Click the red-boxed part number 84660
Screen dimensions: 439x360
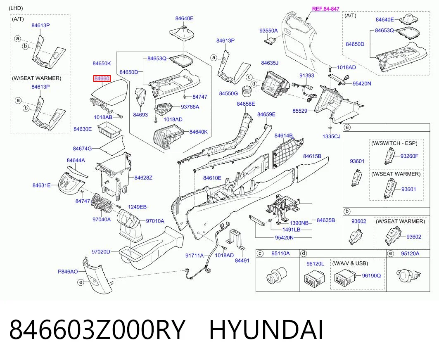point(102,79)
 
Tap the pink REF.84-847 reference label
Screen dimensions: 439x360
point(325,9)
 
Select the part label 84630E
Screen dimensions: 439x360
point(83,129)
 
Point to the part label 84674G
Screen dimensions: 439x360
point(82,149)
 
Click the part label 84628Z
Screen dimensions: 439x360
point(143,178)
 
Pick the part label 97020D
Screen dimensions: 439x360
point(101,252)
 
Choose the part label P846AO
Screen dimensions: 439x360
point(68,271)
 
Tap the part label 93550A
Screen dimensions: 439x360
point(268,31)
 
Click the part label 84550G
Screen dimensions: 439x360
point(228,93)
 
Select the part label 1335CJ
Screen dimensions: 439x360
point(332,137)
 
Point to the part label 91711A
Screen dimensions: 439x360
point(195,256)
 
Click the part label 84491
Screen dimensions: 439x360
point(242,261)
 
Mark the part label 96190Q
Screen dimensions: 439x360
point(372,276)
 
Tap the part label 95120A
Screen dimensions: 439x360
point(410,253)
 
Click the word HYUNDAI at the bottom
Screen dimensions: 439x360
point(266,330)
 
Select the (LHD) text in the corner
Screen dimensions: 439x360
point(16,8)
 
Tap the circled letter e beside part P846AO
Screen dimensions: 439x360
point(81,282)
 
